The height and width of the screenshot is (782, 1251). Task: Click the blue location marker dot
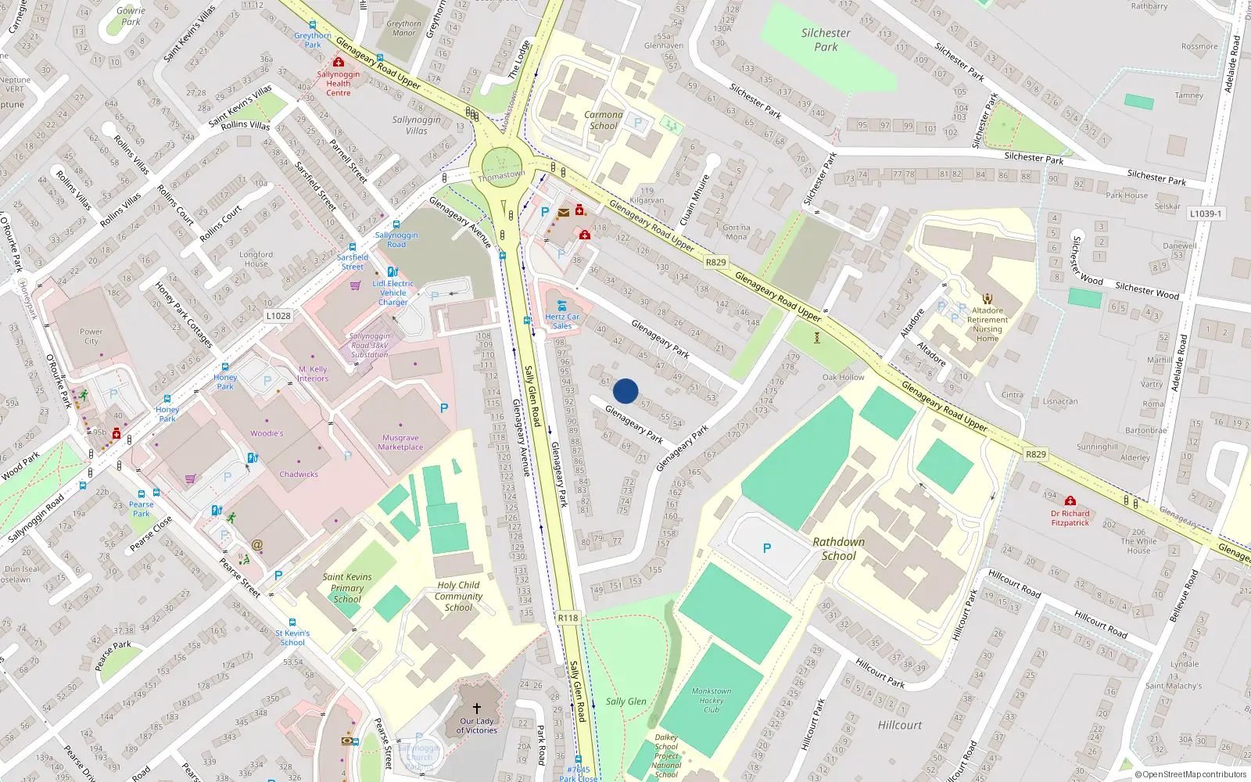[x=625, y=391]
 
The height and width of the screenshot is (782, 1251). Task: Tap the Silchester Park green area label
[x=826, y=40]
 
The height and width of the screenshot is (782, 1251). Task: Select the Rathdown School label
[x=838, y=548]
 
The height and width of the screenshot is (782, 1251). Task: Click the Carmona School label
[x=604, y=120]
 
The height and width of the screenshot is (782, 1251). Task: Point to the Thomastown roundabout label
[x=501, y=176]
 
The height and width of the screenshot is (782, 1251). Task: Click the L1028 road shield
[x=278, y=316]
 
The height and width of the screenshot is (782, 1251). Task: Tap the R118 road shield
[x=568, y=618]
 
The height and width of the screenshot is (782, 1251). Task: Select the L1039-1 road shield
[x=1205, y=213]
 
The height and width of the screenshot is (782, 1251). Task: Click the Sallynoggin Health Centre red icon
[x=339, y=62]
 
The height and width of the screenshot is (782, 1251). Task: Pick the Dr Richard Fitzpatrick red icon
[x=1070, y=501]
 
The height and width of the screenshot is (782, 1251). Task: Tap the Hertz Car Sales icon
[x=561, y=306]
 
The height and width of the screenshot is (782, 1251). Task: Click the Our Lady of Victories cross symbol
[x=477, y=708]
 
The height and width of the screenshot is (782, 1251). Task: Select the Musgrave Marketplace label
[x=400, y=443]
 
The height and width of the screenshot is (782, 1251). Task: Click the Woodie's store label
[x=267, y=433]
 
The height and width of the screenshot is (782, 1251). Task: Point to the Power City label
[x=91, y=336]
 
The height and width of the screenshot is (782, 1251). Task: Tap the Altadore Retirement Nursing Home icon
[x=988, y=299]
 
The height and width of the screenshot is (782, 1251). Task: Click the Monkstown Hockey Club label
[x=712, y=700]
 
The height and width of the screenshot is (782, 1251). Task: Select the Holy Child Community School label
[x=458, y=596]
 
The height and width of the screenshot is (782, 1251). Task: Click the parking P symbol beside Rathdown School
[x=767, y=548]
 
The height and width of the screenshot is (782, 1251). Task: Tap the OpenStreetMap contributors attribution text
[x=1191, y=774]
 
